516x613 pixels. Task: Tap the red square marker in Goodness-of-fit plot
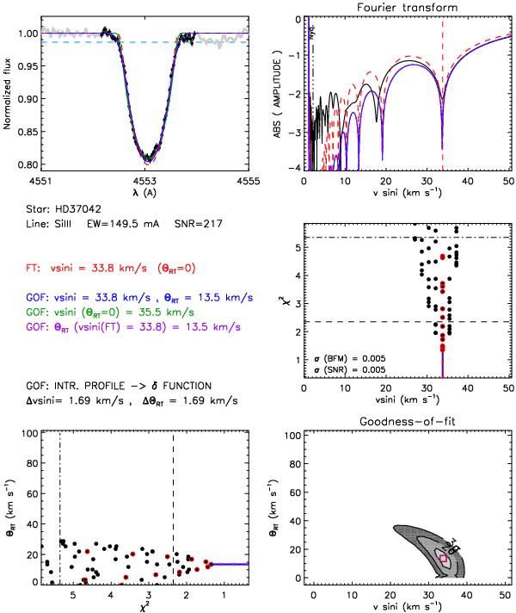tap(444, 559)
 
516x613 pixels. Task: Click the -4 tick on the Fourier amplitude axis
tap(295, 167)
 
